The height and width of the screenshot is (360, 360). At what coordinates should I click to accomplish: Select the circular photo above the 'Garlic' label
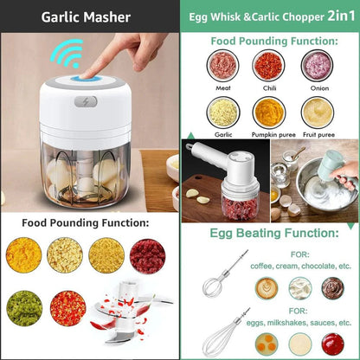[224, 111]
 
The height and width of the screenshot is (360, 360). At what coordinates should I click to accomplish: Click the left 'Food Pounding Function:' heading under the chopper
[85, 222]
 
